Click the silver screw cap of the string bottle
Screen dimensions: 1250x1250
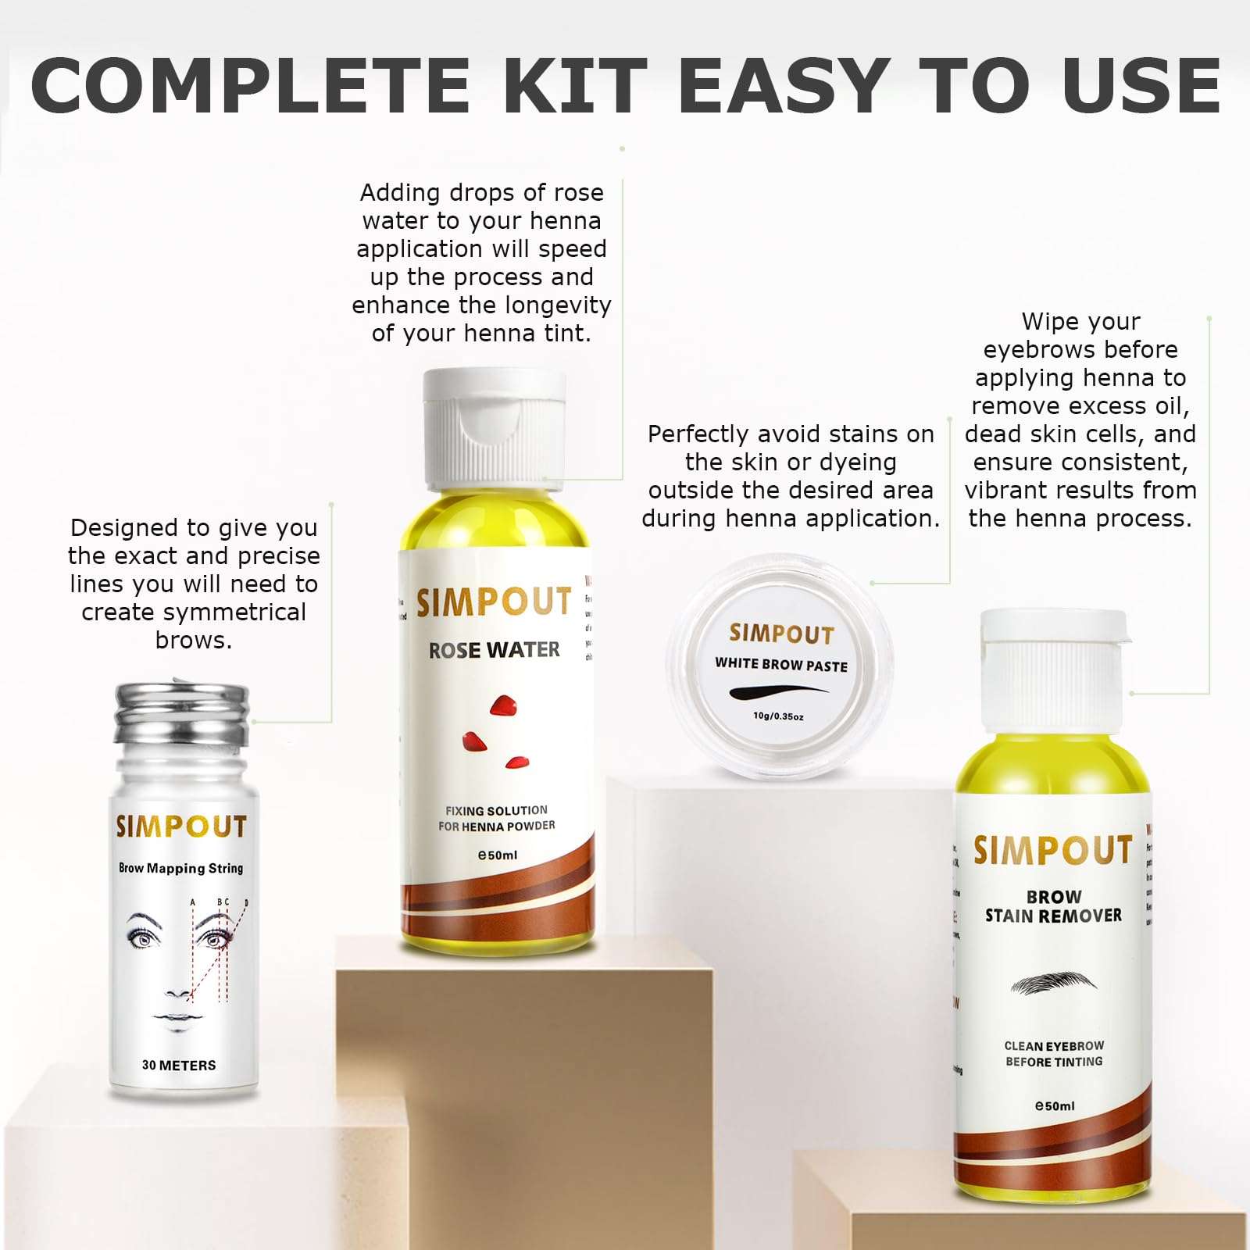[182, 713]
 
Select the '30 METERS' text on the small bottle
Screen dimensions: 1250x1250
[179, 1065]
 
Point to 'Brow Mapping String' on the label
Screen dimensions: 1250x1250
[180, 868]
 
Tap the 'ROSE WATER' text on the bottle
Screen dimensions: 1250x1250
[494, 650]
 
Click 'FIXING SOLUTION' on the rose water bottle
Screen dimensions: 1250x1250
[496, 811]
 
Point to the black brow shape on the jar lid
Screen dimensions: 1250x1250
[778, 691]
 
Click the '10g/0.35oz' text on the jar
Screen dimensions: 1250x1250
[778, 716]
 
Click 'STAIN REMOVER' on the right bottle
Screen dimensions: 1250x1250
[1053, 916]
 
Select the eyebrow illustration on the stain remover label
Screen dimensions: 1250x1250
[1053, 983]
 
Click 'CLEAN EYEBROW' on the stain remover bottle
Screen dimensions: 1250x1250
[1054, 1046]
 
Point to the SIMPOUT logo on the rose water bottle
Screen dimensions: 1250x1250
[494, 602]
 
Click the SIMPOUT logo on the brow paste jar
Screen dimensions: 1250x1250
[781, 634]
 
